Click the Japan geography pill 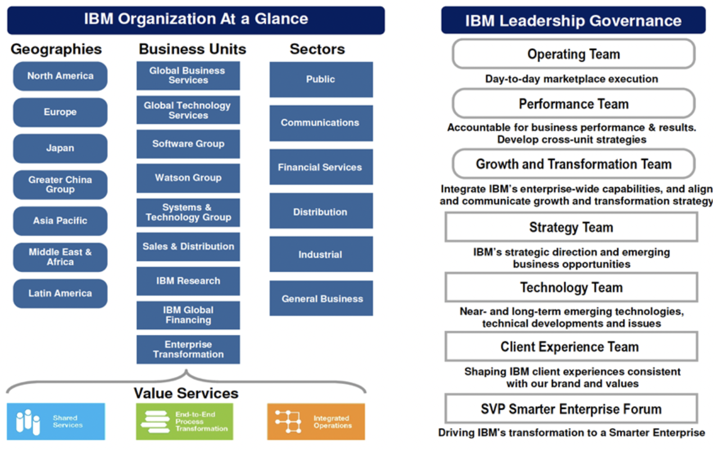point(60,148)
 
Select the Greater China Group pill point(60,184)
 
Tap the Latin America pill point(60,293)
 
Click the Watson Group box point(188,178)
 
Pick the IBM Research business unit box point(188,281)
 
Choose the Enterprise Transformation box point(188,349)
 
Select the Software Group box point(188,144)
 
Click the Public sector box point(321,79)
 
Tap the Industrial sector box point(321,254)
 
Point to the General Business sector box point(321,298)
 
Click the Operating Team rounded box point(573,54)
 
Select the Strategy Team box point(571,227)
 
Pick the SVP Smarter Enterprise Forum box point(571,409)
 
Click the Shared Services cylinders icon point(28,422)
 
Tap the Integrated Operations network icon point(288,421)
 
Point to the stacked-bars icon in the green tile point(155,422)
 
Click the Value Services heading point(186,393)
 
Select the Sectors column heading point(318,49)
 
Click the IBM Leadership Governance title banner point(573,20)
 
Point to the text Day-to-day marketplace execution point(572,79)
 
